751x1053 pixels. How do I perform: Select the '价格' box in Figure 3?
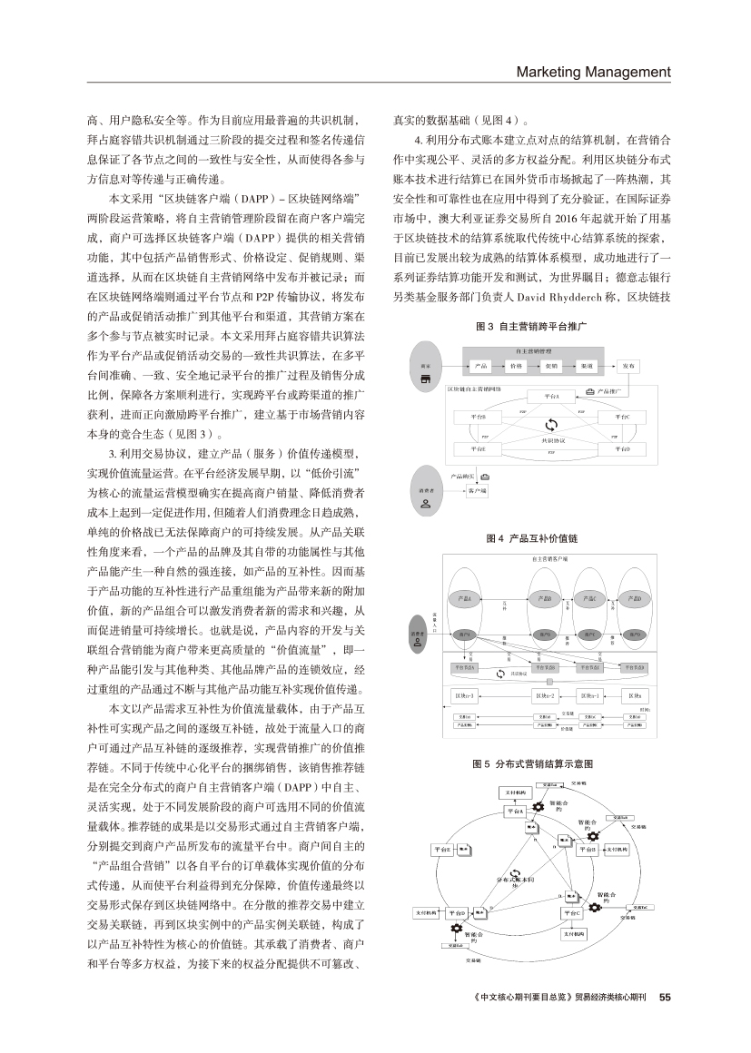(516, 366)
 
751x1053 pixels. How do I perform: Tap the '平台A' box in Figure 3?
(551, 397)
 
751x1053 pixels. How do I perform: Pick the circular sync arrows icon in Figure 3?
(551, 424)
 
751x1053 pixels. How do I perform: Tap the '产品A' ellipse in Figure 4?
(465, 598)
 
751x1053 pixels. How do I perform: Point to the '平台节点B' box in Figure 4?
(543, 668)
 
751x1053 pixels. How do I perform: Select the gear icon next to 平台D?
(455, 930)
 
